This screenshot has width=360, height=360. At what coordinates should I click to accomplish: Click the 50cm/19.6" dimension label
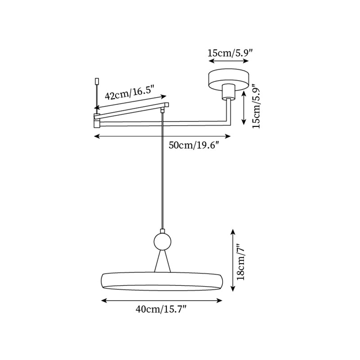[x=193, y=145]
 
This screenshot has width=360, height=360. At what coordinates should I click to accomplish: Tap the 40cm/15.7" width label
[x=161, y=309]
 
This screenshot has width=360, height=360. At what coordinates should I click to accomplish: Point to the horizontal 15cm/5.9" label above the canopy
[x=230, y=53]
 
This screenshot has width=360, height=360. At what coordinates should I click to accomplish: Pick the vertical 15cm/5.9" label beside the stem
[x=256, y=106]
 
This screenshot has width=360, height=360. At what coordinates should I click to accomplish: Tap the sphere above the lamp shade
[x=162, y=241]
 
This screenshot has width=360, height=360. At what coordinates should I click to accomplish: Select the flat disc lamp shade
[x=162, y=281]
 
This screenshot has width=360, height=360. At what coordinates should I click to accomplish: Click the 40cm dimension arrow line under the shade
[x=162, y=300]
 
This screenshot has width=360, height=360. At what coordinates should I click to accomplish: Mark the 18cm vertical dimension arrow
[x=233, y=260]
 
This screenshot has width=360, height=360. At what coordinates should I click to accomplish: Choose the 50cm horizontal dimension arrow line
[x=162, y=136]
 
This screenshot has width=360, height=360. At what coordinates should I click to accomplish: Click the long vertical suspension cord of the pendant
[x=162, y=171]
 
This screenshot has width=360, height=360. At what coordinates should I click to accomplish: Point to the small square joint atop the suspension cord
[x=162, y=109]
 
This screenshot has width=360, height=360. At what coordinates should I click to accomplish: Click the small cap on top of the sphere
[x=162, y=230]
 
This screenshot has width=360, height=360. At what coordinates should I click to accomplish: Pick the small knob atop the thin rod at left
[x=96, y=81]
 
